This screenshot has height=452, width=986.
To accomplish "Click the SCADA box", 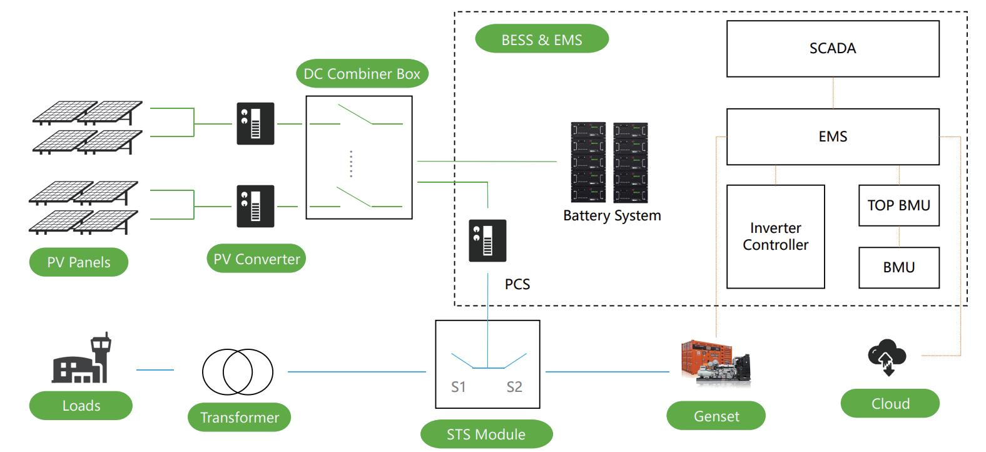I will pos(832,49).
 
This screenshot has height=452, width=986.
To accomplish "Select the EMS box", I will pos(832,136).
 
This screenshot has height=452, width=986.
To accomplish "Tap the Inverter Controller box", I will pos(775,237).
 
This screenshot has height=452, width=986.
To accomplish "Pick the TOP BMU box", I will pos(898,205).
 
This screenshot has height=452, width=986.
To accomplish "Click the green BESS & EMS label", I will pos(542,39).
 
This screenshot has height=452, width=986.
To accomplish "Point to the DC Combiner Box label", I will pos(362,74).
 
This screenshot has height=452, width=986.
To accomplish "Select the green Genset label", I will pos(716,416).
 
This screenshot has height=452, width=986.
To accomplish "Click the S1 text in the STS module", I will pos(459,387).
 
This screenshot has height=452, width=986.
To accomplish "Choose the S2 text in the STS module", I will pos(514,387).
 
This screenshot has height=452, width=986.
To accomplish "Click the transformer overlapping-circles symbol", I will pos(237,372).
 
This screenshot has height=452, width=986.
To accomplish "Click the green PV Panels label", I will pos(79,262).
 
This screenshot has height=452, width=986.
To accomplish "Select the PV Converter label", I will pos(257,259).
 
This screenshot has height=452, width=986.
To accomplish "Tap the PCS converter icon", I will pos(487,241).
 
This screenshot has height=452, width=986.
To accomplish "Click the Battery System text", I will pos(612,216).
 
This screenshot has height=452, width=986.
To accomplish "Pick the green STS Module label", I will pos(486,434).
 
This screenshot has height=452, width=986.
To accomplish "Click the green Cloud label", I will pos(890,404).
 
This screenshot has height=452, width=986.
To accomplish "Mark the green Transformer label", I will pos(240,418).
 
